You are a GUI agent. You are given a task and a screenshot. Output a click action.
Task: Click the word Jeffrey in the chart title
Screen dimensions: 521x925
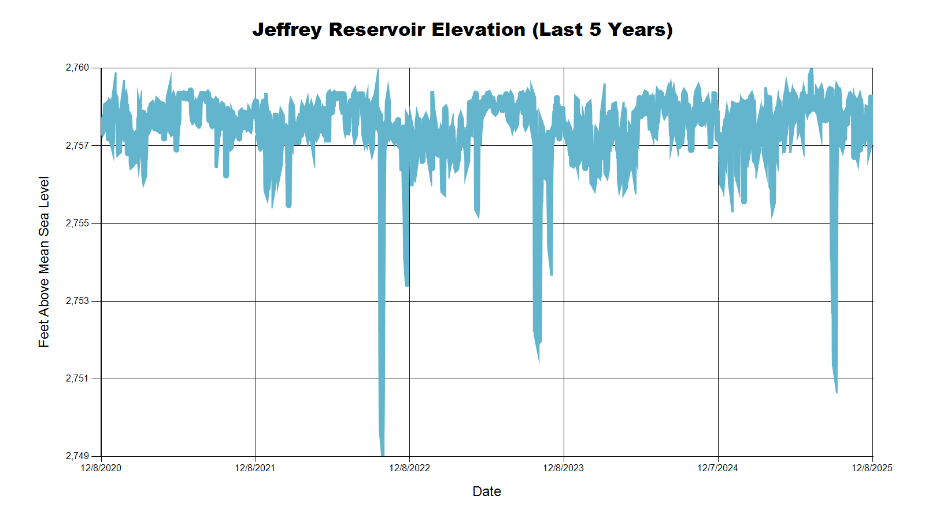(287, 30)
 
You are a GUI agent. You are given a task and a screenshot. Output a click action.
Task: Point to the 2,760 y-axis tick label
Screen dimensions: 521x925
(77, 68)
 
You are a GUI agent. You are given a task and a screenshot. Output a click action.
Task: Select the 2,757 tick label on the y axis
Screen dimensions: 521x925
(77, 145)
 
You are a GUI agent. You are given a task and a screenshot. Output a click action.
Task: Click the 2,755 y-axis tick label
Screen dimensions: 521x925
(77, 223)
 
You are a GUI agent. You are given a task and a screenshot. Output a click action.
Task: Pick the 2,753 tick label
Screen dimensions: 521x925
(77, 301)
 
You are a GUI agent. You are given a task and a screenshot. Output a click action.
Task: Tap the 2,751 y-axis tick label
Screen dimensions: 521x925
(77, 379)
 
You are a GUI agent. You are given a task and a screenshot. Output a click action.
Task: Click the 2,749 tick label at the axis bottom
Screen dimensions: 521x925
(77, 456)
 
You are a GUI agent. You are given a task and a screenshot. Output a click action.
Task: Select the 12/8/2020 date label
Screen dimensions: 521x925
(101, 468)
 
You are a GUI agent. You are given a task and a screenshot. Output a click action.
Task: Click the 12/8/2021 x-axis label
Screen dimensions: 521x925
(255, 468)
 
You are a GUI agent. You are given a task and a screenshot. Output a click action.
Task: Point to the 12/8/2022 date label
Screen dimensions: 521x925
(409, 468)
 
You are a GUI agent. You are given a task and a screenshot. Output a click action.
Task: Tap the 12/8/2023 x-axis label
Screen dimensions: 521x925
(564, 468)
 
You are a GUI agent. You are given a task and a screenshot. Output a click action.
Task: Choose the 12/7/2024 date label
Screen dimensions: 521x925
(717, 468)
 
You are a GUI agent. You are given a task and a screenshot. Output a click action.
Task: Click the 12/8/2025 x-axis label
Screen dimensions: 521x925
(872, 468)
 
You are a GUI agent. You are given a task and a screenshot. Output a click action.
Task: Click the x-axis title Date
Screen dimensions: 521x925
(487, 491)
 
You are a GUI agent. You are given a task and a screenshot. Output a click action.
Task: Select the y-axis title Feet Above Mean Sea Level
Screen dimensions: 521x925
(44, 262)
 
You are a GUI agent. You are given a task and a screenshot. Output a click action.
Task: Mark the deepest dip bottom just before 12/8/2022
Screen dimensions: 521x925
(382, 454)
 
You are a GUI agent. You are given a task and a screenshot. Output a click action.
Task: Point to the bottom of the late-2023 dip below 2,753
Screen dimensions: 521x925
(539, 360)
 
